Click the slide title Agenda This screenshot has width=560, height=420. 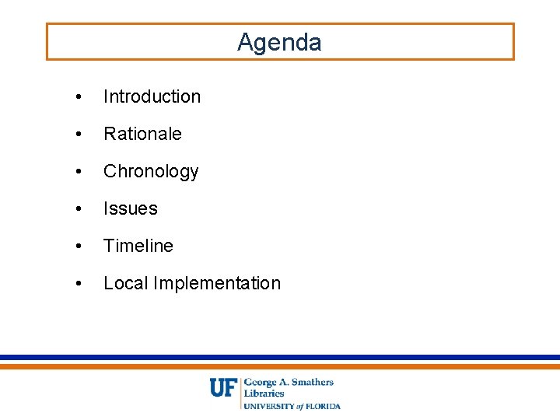[279, 42]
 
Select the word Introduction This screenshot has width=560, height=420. [152, 96]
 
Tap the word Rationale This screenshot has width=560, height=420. [142, 134]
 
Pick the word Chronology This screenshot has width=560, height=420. [151, 171]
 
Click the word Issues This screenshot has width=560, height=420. [130, 208]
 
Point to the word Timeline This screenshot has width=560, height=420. [138, 246]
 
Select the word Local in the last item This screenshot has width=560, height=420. [125, 283]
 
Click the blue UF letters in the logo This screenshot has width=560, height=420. [224, 387]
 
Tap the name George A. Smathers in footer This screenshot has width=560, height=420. [289, 382]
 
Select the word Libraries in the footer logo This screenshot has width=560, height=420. [264, 394]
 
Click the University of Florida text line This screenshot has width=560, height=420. [292, 405]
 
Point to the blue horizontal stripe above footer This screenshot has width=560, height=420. [280, 358]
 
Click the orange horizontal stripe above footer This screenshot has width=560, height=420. [280, 366]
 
